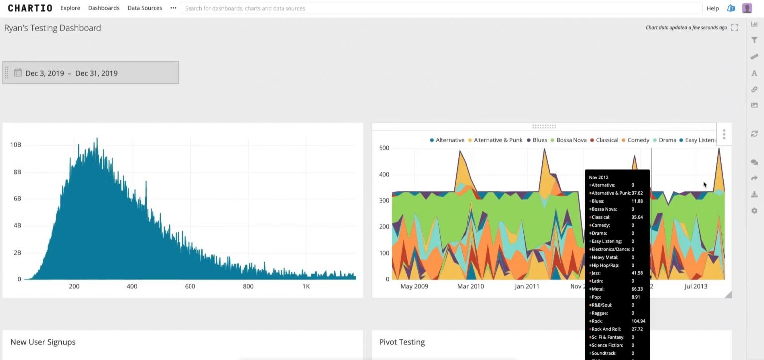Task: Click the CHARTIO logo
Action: (30, 8)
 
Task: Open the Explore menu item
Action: (70, 8)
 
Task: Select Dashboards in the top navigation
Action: (103, 8)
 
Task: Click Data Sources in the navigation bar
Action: (145, 8)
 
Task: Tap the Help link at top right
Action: (712, 8)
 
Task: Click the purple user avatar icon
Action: (747, 8)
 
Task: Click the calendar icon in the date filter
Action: (18, 73)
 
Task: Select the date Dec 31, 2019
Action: (96, 73)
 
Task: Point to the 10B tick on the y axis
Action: (16, 145)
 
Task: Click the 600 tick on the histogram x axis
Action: (190, 286)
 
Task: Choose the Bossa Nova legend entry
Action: (571, 140)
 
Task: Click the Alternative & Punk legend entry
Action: (498, 140)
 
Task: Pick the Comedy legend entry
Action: (638, 140)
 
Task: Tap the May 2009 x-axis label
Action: (414, 286)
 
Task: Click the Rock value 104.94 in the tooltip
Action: (638, 321)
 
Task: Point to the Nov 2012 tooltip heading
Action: (599, 177)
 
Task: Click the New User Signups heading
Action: (43, 342)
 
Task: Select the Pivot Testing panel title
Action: (402, 342)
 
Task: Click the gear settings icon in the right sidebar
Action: (754, 211)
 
